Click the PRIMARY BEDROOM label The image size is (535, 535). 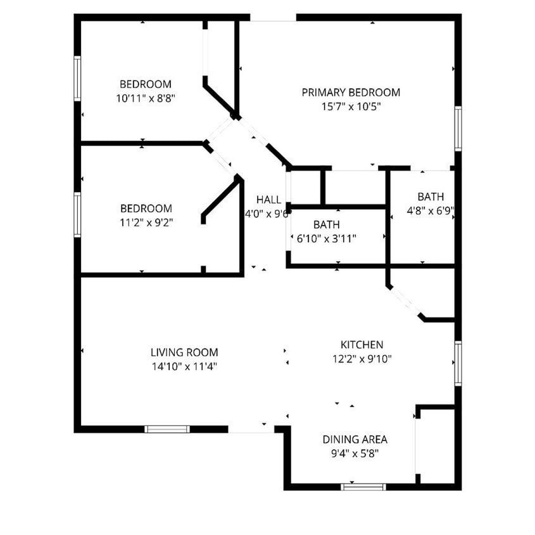[x=351, y=93]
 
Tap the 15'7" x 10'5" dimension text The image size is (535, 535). [x=351, y=106]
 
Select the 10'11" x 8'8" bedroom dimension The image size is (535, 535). [x=146, y=98]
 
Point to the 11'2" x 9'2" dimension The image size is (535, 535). [x=146, y=222]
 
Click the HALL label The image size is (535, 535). [x=268, y=200]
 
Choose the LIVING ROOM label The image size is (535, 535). [x=184, y=352]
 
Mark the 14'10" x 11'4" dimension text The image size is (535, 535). [x=184, y=366]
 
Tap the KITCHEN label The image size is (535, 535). [x=362, y=345]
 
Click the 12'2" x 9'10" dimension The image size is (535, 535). [x=362, y=359]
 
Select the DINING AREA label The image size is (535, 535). [x=355, y=439]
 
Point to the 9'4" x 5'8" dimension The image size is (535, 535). [x=355, y=453]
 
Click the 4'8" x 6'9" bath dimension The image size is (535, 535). [x=431, y=210]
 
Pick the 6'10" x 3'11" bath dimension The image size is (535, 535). [x=326, y=239]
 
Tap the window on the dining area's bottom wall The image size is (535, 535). [x=363, y=487]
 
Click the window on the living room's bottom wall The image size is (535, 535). [x=167, y=429]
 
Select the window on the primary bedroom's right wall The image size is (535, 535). [x=458, y=129]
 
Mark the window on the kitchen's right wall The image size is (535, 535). [x=458, y=363]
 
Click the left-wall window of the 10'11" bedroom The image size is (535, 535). [x=77, y=79]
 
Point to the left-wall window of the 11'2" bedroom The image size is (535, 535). [x=77, y=215]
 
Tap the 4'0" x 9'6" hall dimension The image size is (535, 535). [x=267, y=214]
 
